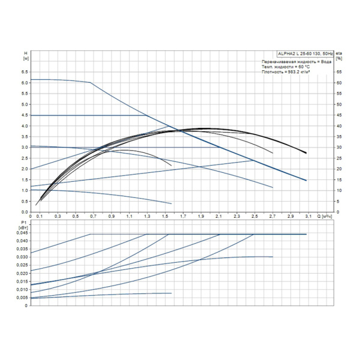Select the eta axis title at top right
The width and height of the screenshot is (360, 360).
tap(338, 56)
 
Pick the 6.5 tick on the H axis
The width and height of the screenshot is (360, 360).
tap(25, 72)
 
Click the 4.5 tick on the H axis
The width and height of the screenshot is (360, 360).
tap(25, 115)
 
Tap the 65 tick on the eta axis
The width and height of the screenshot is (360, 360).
tap(338, 72)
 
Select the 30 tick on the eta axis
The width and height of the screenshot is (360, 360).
tap(338, 148)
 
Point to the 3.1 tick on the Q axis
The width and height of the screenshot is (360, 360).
tap(308, 216)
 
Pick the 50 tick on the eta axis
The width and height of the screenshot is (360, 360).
tap(338, 104)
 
